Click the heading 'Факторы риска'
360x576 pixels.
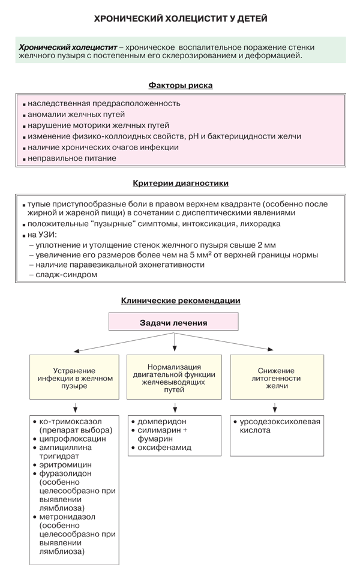[x=180, y=86]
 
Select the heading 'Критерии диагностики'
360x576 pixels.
[x=180, y=182]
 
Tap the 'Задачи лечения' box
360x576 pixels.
[x=173, y=323]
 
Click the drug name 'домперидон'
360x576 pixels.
[x=162, y=421]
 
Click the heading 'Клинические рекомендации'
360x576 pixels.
[x=180, y=300]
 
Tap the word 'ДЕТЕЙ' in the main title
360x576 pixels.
[x=249, y=19]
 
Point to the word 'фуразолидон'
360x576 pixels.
[x=65, y=473]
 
